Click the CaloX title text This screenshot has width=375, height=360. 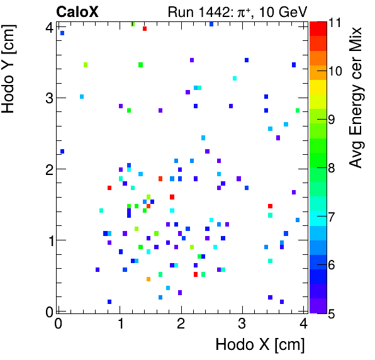click(77, 11)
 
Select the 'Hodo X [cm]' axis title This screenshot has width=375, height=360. click(260, 345)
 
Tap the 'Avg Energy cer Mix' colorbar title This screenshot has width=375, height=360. click(356, 98)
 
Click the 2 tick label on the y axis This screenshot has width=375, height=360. click(48, 169)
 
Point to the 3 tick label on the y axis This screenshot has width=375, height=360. click(48, 98)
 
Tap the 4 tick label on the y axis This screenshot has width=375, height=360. click(48, 26)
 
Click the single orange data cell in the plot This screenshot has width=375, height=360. click(148, 279)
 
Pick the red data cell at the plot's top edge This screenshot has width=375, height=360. click(145, 28)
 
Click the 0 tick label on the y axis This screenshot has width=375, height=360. click(48, 311)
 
